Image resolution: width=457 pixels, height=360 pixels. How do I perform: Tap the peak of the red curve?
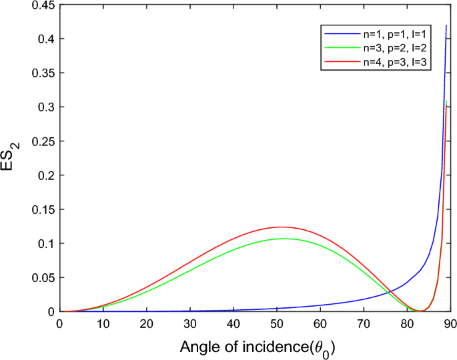(281, 227)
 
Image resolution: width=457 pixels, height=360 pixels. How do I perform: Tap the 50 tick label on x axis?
(277, 323)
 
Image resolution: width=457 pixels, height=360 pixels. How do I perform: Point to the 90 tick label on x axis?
(450, 323)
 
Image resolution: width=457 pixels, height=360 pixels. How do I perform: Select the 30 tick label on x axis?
(190, 323)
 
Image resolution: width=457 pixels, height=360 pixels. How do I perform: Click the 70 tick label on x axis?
(364, 323)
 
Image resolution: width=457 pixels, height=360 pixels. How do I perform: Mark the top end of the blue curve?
(446, 25)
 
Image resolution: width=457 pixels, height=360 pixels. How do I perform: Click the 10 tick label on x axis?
(103, 323)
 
